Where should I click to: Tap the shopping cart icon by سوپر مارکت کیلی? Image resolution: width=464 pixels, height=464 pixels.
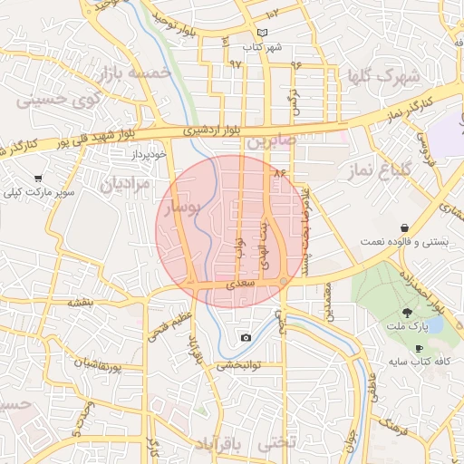click(x=38, y=179)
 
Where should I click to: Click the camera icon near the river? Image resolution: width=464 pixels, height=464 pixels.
click(x=246, y=338)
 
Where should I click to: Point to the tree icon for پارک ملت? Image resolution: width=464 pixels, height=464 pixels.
click(x=418, y=313)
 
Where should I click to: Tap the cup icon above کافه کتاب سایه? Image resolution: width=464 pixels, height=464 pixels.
click(x=418, y=349)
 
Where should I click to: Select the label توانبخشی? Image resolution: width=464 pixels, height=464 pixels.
click(x=239, y=366)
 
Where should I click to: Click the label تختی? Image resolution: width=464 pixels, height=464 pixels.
click(x=276, y=445)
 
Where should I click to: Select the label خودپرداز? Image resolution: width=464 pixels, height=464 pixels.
click(x=149, y=155)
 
